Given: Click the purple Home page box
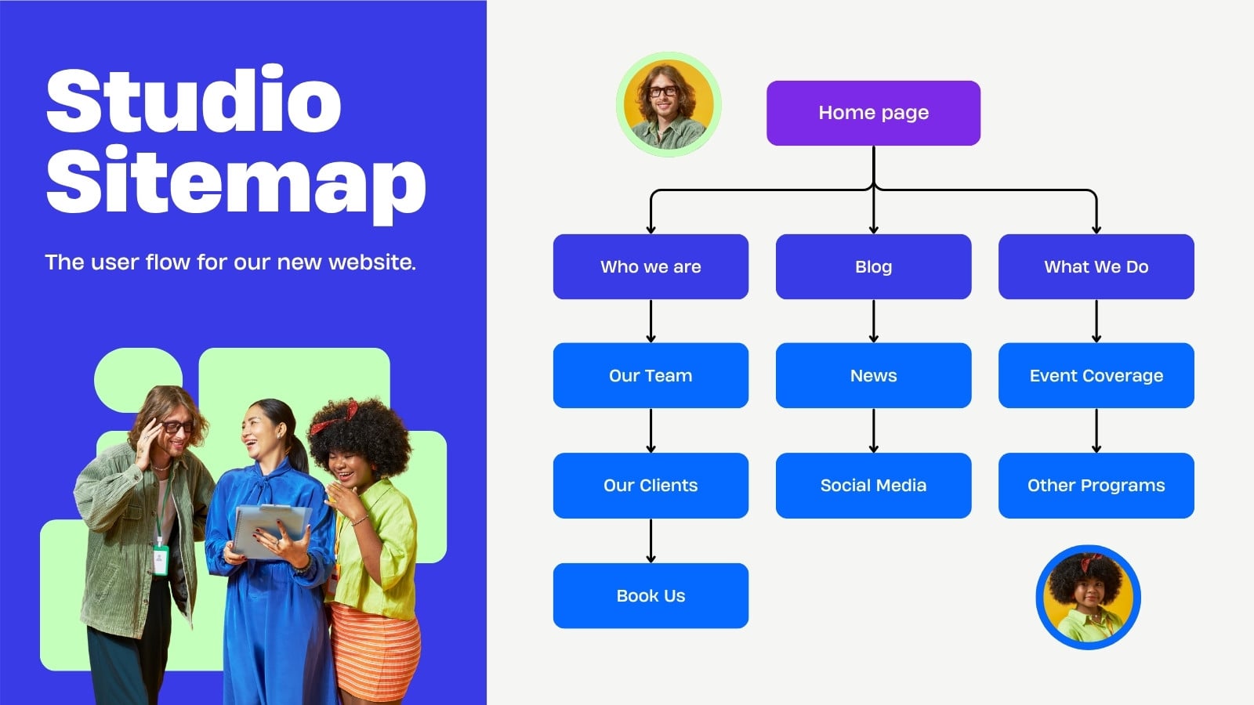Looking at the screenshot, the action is pyautogui.click(x=873, y=113).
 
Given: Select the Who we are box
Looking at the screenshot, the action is pyautogui.click(x=651, y=266).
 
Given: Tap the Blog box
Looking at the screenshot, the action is pyautogui.click(x=873, y=266).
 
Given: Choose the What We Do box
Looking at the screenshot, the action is pyautogui.click(x=1096, y=266).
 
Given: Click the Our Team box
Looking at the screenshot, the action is pyautogui.click(x=651, y=375).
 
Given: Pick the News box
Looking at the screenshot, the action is pyautogui.click(x=873, y=375).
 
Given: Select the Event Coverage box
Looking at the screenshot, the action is pyautogui.click(x=1096, y=375).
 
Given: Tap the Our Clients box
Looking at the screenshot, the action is pyautogui.click(x=651, y=485).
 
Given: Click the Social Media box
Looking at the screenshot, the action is pyautogui.click(x=873, y=485).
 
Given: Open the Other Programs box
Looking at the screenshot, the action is pyautogui.click(x=1096, y=485).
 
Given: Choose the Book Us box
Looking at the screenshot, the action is pyautogui.click(x=651, y=595).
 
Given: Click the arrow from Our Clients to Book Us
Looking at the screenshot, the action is pyautogui.click(x=651, y=540).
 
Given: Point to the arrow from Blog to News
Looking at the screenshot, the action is pyautogui.click(x=873, y=321).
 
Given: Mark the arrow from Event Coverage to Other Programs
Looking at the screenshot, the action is pyautogui.click(x=1096, y=430).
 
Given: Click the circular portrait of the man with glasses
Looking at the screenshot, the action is pyautogui.click(x=669, y=105).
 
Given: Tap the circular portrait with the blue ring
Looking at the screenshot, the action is pyautogui.click(x=1088, y=597).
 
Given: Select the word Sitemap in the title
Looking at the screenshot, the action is pyautogui.click(x=236, y=183).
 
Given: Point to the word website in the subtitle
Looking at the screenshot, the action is pyautogui.click(x=371, y=262).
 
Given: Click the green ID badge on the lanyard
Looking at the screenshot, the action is pyautogui.click(x=161, y=559).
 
